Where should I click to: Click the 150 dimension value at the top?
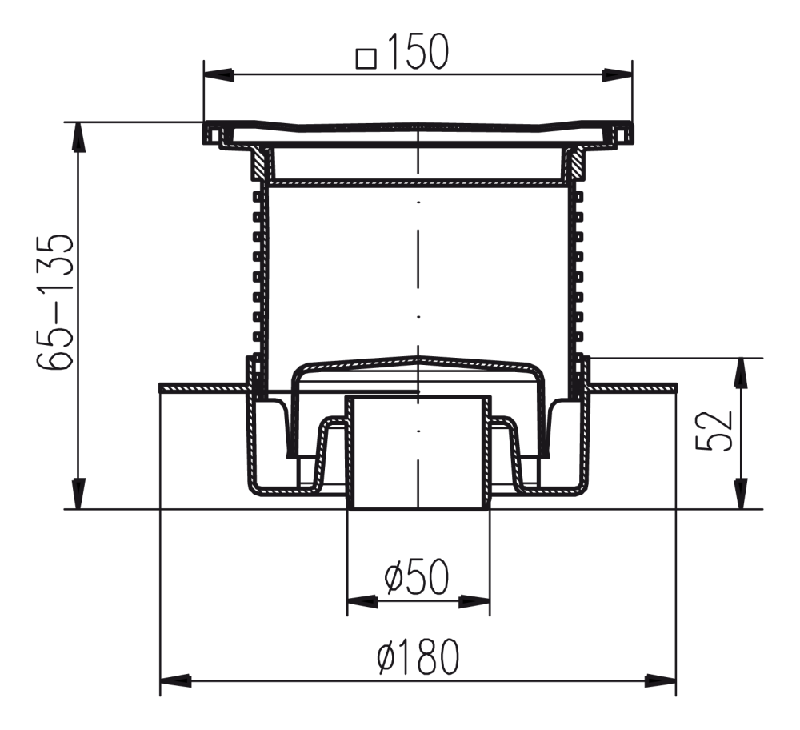[418, 51]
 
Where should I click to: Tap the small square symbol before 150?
[366, 58]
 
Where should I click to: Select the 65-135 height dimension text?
[55, 303]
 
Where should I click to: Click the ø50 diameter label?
[416, 576]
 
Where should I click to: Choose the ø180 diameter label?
[418, 656]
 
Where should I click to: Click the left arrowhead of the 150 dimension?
[219, 75]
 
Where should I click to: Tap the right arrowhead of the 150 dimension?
[618, 75]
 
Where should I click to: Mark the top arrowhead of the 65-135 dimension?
[78, 137]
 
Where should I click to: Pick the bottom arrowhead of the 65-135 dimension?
[78, 494]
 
